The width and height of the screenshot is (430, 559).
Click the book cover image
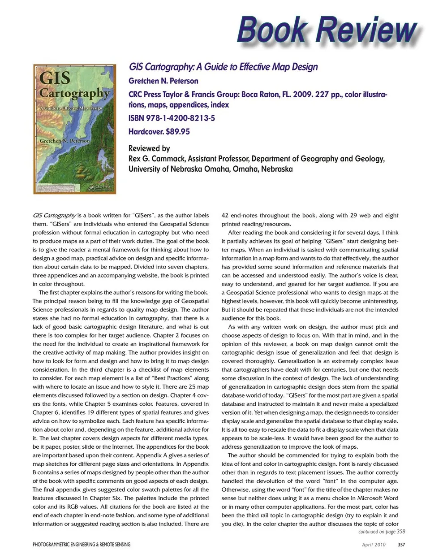click(x=74, y=129)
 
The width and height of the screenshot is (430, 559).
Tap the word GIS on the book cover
click(x=55, y=78)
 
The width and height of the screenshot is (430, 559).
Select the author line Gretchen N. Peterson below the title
click(x=163, y=81)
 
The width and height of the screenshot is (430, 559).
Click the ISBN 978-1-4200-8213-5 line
click(x=172, y=118)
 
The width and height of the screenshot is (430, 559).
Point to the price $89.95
click(x=178, y=132)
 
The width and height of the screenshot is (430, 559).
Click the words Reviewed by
click(x=149, y=148)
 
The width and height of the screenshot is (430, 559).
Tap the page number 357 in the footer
click(x=401, y=545)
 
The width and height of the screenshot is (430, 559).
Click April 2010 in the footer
click(x=374, y=545)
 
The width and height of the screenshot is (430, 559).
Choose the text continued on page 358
click(x=382, y=532)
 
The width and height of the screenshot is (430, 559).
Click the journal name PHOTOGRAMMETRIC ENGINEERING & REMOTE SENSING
click(x=82, y=545)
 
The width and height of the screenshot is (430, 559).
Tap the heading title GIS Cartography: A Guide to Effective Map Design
click(x=223, y=67)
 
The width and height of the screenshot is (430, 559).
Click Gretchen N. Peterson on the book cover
click(x=64, y=141)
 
